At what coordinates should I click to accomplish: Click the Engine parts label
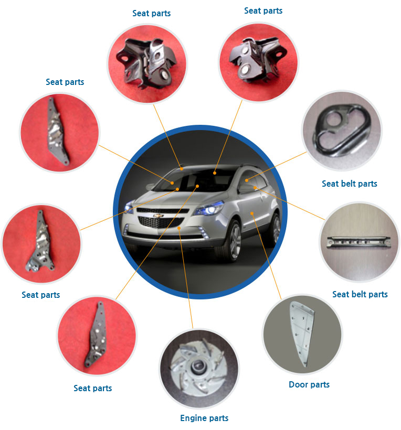tap(204, 418)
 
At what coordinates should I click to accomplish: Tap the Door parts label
tap(309, 384)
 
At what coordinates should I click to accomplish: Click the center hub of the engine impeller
tap(197, 367)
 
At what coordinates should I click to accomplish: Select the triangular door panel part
tap(302, 333)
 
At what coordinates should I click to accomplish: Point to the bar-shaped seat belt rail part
tap(358, 242)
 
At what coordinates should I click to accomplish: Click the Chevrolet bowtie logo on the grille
tap(159, 216)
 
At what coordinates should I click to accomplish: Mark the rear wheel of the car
tap(276, 229)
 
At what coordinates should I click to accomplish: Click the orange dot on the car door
tap(252, 213)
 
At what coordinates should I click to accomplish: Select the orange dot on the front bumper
tap(178, 228)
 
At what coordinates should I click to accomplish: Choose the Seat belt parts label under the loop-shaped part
tap(350, 184)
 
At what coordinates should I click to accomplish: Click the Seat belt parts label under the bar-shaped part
tap(360, 294)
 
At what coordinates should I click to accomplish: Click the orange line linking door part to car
tap(266, 256)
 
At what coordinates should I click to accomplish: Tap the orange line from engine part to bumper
tap(186, 278)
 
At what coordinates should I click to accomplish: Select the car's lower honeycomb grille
tap(160, 222)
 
